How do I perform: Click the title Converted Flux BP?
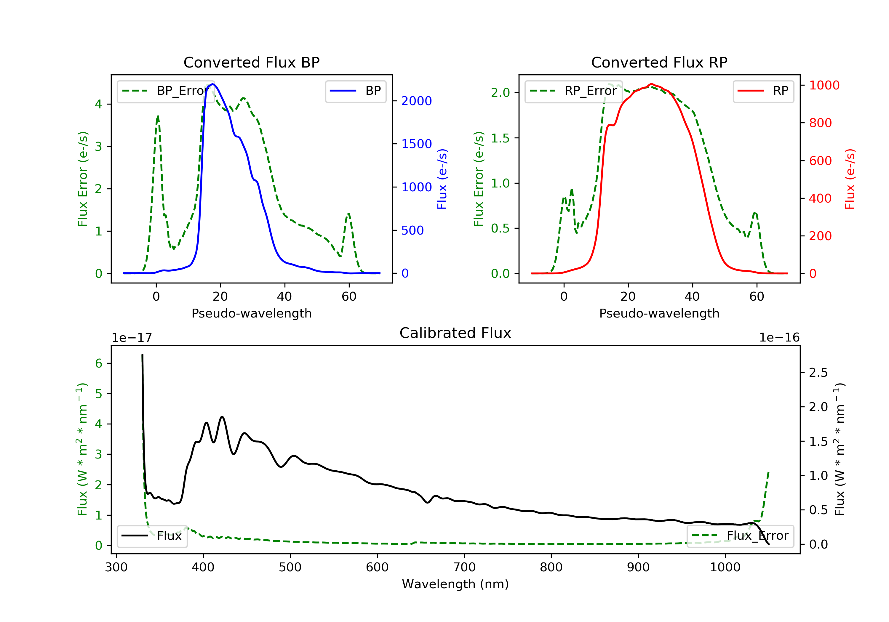(x=251, y=62)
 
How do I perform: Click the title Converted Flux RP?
(x=659, y=62)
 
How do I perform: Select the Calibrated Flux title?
(x=455, y=333)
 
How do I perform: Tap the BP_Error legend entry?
(x=166, y=91)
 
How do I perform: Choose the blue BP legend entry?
(x=355, y=91)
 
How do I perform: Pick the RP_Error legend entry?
(x=573, y=91)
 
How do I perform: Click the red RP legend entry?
(x=763, y=91)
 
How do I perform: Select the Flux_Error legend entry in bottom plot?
(x=740, y=536)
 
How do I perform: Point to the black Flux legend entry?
(x=152, y=536)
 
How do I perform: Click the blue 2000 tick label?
(x=416, y=101)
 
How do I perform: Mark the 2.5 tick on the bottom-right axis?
(x=818, y=373)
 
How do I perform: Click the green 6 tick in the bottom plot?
(x=99, y=363)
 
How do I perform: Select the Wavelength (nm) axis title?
(x=455, y=584)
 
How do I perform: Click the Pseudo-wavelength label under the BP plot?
(x=251, y=313)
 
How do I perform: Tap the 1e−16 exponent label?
(x=779, y=338)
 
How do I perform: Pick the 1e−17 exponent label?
(x=132, y=338)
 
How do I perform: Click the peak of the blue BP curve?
(x=213, y=84)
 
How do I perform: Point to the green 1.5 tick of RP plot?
(x=500, y=138)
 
